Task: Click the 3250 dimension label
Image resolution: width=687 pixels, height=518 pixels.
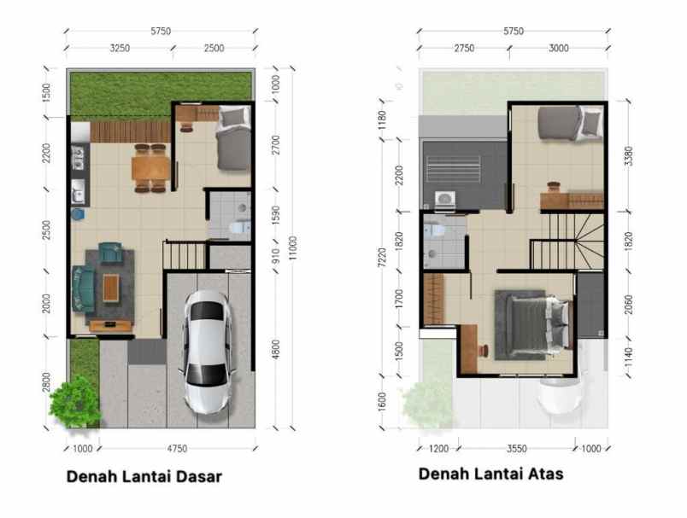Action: coord(120,49)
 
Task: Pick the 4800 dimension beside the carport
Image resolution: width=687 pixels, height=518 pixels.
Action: coord(275,349)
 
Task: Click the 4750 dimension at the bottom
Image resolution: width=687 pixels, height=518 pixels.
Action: coord(177,447)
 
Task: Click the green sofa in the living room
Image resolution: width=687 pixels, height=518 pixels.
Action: coord(83,287)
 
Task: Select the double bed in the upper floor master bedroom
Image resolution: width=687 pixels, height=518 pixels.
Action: coord(536,324)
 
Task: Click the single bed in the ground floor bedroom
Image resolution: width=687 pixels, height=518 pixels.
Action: coord(232,139)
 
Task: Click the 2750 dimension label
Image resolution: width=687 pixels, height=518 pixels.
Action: coord(464,49)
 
